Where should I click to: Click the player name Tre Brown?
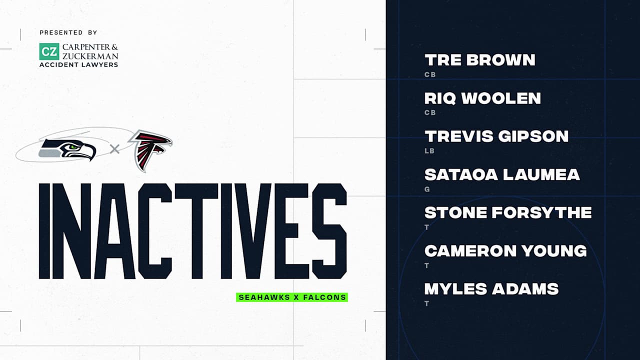(479, 60)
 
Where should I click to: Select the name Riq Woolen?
(482, 98)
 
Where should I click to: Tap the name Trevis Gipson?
(496, 136)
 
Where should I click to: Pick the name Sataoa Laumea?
(502, 174)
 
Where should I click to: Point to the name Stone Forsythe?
(508, 212)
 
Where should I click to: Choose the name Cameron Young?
(505, 250)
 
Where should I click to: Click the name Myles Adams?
(491, 288)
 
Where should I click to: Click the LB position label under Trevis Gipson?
(429, 150)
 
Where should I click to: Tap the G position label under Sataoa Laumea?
(427, 189)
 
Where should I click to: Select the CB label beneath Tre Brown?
(430, 74)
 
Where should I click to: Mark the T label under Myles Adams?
(427, 303)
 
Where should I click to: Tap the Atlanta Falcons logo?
(150, 149)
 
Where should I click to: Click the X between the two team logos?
(114, 148)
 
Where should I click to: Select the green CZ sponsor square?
(49, 51)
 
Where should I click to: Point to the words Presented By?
(68, 32)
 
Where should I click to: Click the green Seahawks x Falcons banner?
(292, 297)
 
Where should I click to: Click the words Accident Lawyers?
(79, 64)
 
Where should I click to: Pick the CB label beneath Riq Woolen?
(430, 112)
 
